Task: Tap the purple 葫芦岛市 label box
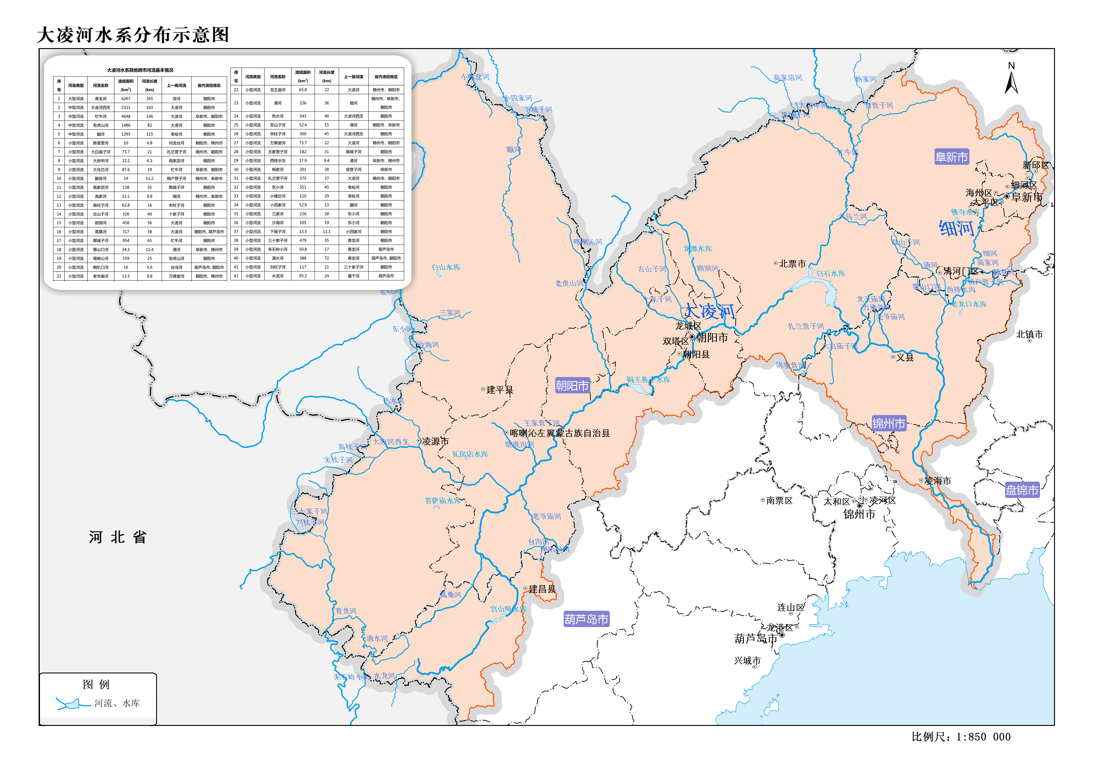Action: pyautogui.click(x=586, y=619)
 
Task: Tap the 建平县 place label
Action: pyautogui.click(x=499, y=390)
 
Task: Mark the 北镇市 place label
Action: pyautogui.click(x=1029, y=334)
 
